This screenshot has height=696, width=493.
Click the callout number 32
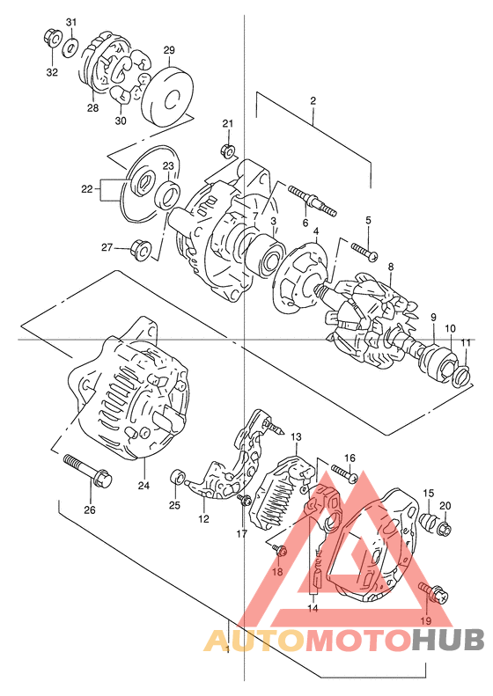point(52,72)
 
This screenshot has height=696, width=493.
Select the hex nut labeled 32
point(51,38)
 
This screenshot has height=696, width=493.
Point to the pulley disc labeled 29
point(167,97)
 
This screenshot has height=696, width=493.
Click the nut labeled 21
point(227,151)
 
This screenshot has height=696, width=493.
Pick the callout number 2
point(313,101)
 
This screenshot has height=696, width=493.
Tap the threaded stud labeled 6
point(312,201)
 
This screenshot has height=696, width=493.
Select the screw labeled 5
point(364,251)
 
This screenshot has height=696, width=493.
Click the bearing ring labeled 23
point(169,194)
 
